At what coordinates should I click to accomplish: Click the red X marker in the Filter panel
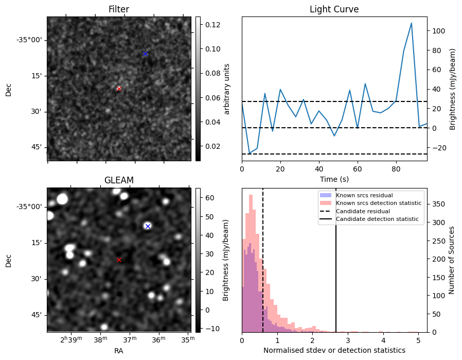point(119,89)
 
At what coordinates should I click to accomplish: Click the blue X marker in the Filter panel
point(145,54)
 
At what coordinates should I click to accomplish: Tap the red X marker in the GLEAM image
point(119,260)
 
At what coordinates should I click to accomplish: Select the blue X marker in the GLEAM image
point(148,226)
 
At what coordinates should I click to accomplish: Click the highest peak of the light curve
point(411,23)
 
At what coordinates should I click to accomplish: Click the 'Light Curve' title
point(334,10)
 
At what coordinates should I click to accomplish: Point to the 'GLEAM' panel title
point(119,180)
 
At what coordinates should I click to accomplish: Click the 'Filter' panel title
point(119,10)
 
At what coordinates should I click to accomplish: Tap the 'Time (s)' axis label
point(334,179)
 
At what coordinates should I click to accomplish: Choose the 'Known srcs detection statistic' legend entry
point(378,203)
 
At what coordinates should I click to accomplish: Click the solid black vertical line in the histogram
point(336,268)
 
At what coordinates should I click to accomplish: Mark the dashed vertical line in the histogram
point(263,268)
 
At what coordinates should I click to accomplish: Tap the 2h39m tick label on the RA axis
point(71,340)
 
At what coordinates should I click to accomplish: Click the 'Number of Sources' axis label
point(452,260)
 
